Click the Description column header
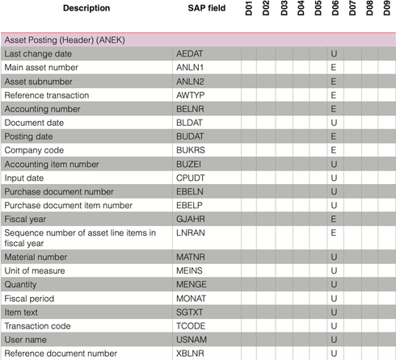86,8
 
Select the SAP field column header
207,8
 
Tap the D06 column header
335,8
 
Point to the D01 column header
249,8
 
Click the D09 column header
386,8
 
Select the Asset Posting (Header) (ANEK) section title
65,40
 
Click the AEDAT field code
189,54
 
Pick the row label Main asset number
41,68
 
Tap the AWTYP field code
190,95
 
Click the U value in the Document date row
334,123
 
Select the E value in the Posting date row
334,136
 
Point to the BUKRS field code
191,150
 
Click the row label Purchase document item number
69,206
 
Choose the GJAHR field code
191,219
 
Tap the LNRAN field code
191,232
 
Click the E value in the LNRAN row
334,232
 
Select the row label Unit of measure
35,270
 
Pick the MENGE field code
192,284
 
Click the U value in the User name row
334,340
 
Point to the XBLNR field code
190,354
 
